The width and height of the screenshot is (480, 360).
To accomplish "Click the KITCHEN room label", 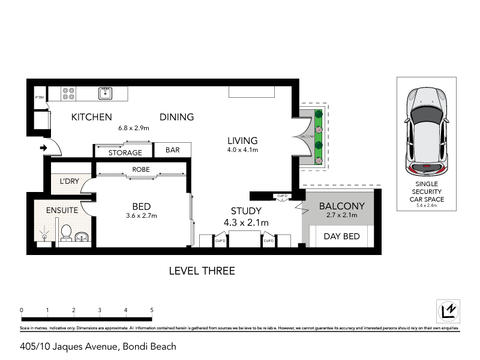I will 92,117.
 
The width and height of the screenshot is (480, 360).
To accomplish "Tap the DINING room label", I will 176,117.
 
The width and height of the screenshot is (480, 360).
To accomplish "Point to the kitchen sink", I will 106,92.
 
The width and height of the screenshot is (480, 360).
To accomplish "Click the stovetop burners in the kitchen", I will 68,93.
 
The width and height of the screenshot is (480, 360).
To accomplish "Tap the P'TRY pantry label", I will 40,97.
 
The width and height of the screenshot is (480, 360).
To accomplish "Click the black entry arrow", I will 44,147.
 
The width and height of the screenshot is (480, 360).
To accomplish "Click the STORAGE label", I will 125,153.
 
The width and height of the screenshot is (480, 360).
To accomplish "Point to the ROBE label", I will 141,170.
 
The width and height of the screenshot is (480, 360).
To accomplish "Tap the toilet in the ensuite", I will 67,232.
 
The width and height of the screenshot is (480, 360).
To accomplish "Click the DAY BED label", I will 341,236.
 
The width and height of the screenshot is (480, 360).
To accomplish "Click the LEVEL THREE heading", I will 202,271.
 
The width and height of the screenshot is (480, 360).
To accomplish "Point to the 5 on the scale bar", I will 152,310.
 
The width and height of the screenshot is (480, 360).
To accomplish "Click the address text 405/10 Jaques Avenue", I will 98,346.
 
